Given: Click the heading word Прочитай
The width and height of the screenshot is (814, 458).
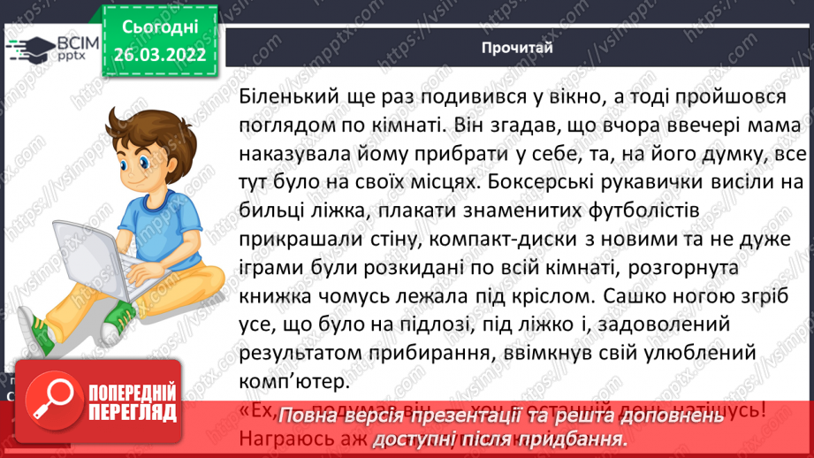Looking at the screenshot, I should coord(518,48).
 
